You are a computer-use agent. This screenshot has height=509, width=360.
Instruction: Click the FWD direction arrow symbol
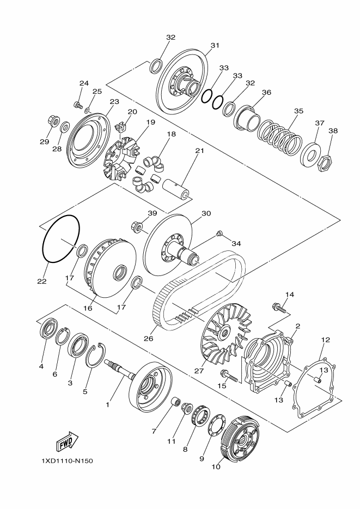66,441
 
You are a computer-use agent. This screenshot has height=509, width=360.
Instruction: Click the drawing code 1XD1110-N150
67,461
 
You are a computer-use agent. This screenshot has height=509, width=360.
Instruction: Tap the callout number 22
42,281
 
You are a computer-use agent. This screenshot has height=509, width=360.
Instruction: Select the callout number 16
88,308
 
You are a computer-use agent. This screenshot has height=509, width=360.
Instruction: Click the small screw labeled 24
77,104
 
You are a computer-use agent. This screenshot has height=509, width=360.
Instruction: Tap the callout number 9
202,459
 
